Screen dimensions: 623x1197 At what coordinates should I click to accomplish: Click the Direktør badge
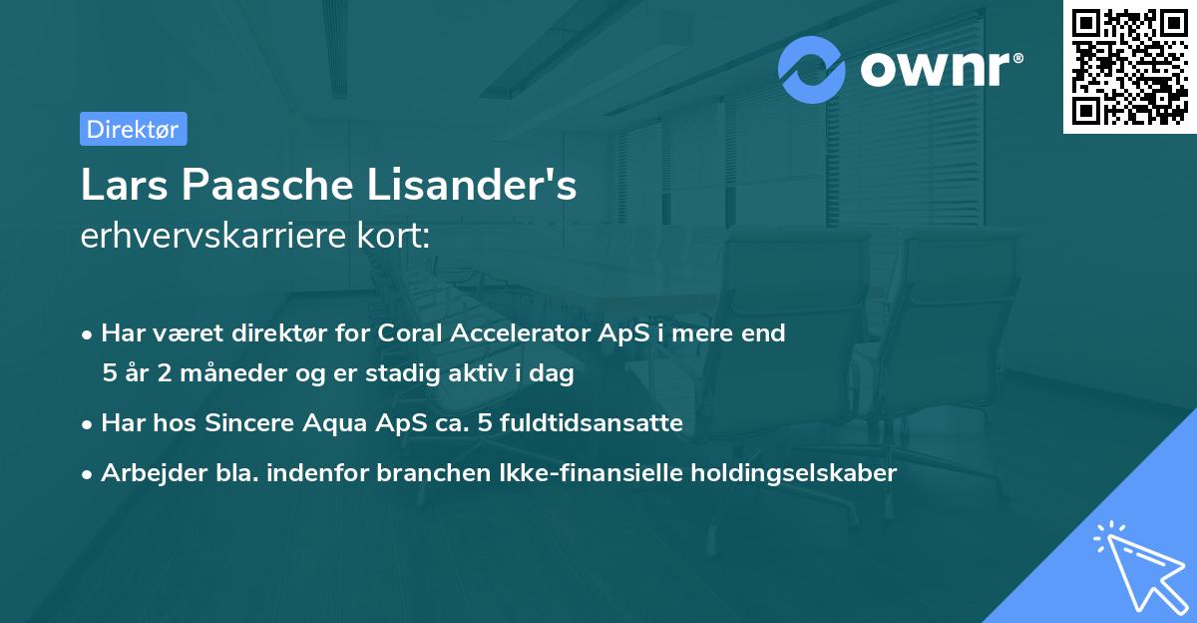pyautogui.click(x=133, y=129)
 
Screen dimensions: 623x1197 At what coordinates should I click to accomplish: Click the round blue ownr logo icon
pyautogui.click(x=812, y=70)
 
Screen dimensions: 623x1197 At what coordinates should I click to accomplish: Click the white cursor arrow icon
pyautogui.click(x=1136, y=565)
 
